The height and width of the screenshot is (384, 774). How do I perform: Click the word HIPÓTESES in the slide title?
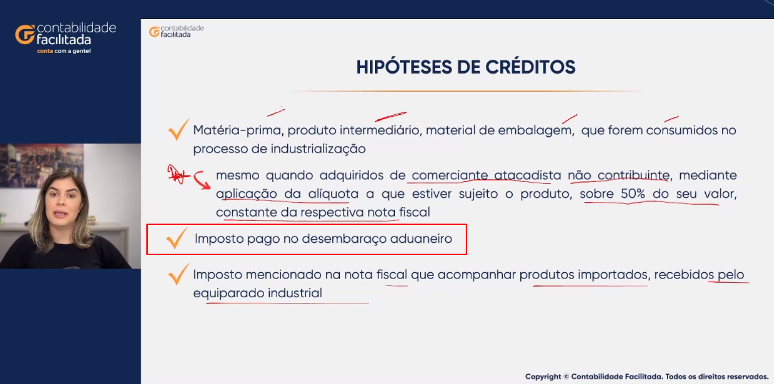(404, 67)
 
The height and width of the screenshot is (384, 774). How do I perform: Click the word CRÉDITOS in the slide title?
(530, 67)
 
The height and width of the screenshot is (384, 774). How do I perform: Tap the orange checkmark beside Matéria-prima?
(178, 129)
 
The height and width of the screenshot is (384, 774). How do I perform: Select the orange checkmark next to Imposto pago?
(177, 238)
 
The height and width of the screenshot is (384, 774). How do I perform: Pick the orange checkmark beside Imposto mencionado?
(178, 274)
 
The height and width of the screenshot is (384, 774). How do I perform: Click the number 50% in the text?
(633, 194)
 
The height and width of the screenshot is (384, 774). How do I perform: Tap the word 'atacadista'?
(527, 175)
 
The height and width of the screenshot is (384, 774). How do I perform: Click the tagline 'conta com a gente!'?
(64, 51)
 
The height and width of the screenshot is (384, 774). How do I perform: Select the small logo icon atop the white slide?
(154, 32)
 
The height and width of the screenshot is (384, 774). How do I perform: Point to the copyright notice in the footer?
(647, 376)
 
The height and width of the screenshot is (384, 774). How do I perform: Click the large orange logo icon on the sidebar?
(25, 34)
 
